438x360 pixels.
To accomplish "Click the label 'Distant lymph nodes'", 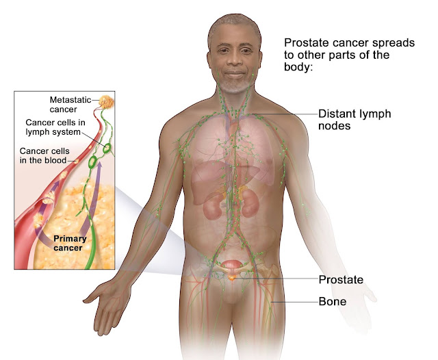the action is (x=355, y=120).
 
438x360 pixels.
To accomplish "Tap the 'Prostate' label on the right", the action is (x=340, y=279).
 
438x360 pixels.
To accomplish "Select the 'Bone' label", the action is (x=333, y=301).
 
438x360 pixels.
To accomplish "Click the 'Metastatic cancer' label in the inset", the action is (x=70, y=105).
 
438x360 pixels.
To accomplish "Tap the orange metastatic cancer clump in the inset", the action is (x=108, y=101).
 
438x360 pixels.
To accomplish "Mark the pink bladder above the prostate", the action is (x=235, y=265).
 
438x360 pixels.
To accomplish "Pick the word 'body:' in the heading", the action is (x=299, y=69).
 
